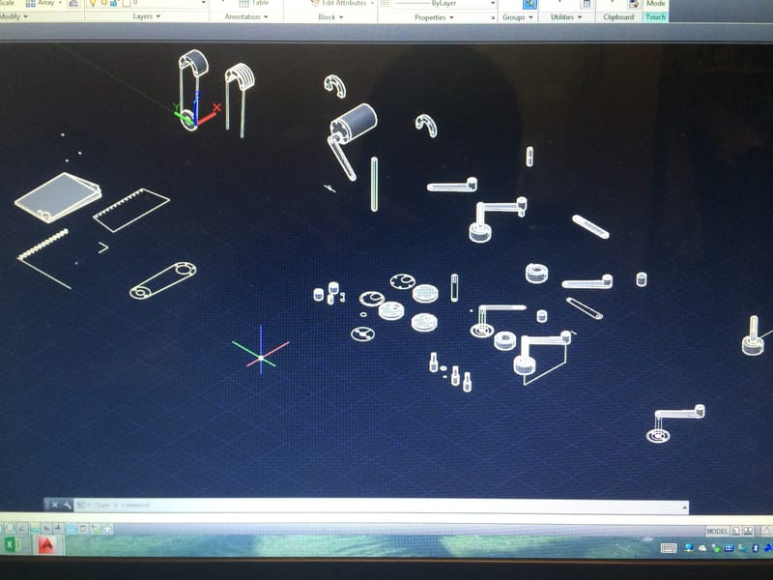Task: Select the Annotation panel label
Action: point(243,16)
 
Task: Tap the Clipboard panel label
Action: point(618,16)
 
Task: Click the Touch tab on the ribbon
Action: point(656,16)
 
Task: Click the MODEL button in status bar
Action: point(717,531)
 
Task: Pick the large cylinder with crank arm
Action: point(354,127)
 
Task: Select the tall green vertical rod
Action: point(374,184)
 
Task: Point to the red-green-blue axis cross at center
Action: point(260,355)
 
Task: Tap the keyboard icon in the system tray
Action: point(668,548)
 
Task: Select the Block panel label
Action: point(327,16)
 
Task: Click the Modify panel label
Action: point(14,16)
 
